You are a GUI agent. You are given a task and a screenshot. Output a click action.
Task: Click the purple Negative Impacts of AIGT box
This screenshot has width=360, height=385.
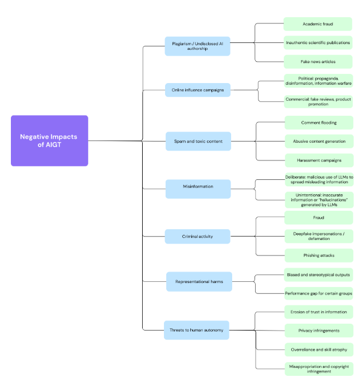pyautogui.click(x=49, y=141)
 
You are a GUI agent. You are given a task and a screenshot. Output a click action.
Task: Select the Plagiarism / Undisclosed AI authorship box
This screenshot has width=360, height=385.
pyautogui.click(x=197, y=46)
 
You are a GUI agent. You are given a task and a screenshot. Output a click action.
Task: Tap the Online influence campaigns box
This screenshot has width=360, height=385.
pyautogui.click(x=198, y=90)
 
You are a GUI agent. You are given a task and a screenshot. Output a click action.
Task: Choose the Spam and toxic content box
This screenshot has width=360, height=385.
pyautogui.click(x=198, y=141)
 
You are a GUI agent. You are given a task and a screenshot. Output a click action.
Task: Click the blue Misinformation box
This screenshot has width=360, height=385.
pyautogui.click(x=198, y=189)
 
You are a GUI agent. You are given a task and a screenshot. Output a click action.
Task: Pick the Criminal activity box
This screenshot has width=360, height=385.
pyautogui.click(x=197, y=237)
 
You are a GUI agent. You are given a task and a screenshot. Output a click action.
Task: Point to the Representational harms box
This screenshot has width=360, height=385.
pyautogui.click(x=199, y=282)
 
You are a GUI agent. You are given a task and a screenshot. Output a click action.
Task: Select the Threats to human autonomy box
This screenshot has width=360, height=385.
pyautogui.click(x=197, y=330)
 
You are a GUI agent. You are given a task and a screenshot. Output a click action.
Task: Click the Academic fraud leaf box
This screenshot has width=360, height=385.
pyautogui.click(x=318, y=24)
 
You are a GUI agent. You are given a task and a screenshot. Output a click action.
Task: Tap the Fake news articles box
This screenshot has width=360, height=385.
pyautogui.click(x=318, y=62)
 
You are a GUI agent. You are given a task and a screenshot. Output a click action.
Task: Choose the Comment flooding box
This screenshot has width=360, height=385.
pyautogui.click(x=319, y=123)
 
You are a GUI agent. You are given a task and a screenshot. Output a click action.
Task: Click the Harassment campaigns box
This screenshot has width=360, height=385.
pyautogui.click(x=319, y=160)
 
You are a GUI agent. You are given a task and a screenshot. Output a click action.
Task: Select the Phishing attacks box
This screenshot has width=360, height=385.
pyautogui.click(x=319, y=256)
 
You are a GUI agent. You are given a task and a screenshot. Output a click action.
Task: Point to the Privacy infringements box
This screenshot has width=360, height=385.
pyautogui.click(x=319, y=331)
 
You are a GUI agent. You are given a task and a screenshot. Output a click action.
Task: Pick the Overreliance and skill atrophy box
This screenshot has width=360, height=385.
pyautogui.click(x=319, y=349)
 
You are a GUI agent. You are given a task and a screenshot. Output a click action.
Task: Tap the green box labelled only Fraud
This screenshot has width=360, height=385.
pyautogui.click(x=319, y=218)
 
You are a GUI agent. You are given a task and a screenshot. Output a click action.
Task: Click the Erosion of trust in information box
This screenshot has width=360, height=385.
pyautogui.click(x=319, y=312)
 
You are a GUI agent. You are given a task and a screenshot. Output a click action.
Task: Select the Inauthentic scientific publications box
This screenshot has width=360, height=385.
pyautogui.click(x=318, y=43)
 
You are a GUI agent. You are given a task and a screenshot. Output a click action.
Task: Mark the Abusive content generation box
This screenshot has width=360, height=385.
pyautogui.click(x=319, y=141)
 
